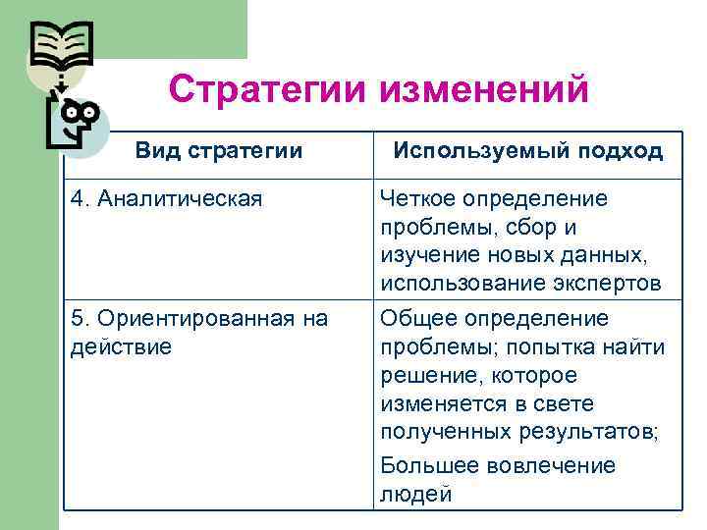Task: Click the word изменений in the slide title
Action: (482, 89)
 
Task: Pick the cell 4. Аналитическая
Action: (167, 199)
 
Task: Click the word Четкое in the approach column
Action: (416, 199)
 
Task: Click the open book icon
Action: (61, 41)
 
